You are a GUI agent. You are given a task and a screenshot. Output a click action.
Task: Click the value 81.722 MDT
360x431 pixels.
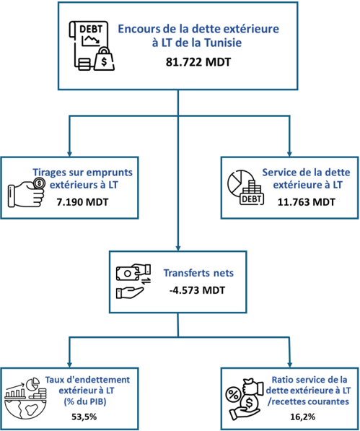(x=198, y=62)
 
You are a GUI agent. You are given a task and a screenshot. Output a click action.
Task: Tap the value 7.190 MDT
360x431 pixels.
(x=82, y=202)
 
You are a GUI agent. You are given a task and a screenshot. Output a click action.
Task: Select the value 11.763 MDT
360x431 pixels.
(x=306, y=202)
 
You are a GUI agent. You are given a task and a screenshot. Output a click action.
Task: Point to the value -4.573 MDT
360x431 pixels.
(x=197, y=290)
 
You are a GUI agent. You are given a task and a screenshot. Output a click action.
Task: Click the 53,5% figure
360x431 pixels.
(x=84, y=417)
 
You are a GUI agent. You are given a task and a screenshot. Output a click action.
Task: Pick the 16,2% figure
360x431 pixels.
(x=302, y=417)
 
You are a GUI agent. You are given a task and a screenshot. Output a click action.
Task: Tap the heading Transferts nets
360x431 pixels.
(x=198, y=273)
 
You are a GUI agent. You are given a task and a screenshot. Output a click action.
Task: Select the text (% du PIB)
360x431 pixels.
(x=85, y=401)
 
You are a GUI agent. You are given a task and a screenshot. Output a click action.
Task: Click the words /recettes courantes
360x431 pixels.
(x=308, y=401)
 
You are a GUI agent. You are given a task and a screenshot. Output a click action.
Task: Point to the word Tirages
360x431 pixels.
(x=49, y=173)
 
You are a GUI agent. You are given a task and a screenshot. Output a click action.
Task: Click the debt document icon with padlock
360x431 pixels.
(x=92, y=45)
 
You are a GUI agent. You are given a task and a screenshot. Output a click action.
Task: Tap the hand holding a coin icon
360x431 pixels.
(x=27, y=193)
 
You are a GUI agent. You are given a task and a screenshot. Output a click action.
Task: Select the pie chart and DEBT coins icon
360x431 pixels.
(x=245, y=187)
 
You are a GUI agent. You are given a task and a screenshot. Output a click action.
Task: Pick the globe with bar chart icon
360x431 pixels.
(x=26, y=399)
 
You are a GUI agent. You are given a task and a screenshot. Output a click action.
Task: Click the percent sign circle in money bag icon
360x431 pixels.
(x=233, y=396)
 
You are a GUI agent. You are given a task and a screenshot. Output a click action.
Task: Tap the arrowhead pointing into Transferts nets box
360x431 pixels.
(x=178, y=248)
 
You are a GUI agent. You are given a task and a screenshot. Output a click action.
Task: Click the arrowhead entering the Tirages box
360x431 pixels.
(x=69, y=154)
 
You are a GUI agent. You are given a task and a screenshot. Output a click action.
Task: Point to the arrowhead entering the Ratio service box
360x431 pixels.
(x=289, y=365)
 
